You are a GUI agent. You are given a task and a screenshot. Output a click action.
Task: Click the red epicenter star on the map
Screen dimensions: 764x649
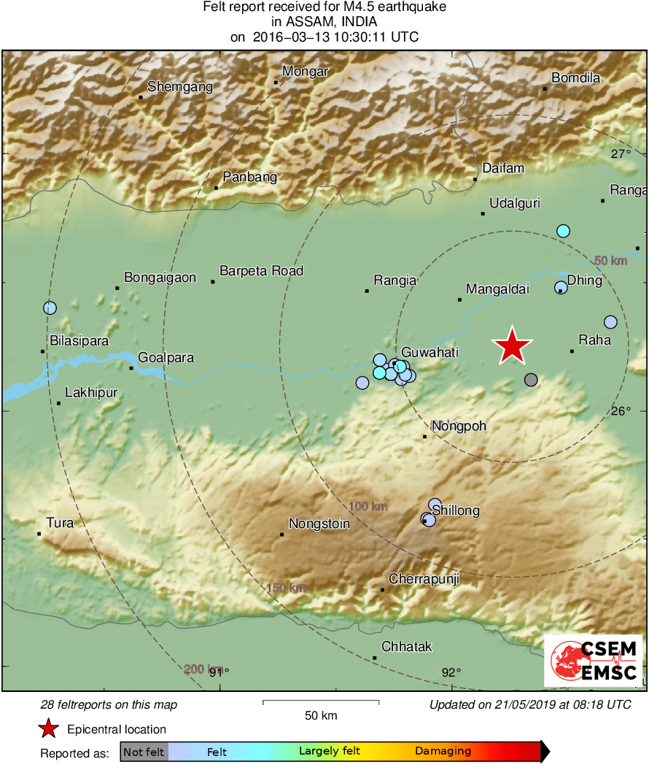[513, 346]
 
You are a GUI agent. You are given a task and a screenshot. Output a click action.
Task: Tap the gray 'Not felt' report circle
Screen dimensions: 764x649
[531, 379]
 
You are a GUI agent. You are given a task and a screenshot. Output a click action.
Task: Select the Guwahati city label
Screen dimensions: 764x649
[430, 353]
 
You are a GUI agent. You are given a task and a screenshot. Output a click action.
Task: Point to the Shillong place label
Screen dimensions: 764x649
[456, 511]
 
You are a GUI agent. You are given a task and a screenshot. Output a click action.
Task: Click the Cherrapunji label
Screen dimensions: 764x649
[424, 580]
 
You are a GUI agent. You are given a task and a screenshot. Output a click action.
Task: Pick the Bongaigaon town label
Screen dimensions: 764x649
[160, 277]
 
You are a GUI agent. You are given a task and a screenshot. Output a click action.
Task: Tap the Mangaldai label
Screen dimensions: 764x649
[497, 289]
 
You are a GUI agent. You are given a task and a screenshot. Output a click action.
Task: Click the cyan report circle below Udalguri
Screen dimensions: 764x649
[563, 231]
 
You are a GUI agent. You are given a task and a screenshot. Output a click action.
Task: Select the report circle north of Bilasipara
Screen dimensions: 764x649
[50, 308]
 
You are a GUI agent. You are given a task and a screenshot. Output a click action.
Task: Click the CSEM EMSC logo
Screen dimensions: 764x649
[593, 661]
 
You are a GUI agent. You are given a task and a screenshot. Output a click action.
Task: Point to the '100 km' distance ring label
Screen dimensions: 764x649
[368, 507]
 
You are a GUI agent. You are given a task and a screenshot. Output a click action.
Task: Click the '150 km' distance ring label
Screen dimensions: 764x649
[287, 588]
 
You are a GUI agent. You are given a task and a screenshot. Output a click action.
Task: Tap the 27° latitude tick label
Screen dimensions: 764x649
[621, 154]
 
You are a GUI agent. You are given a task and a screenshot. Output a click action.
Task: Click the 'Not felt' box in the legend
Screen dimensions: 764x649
[144, 752]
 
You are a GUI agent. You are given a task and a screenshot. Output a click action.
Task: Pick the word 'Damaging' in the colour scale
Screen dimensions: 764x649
[443, 752]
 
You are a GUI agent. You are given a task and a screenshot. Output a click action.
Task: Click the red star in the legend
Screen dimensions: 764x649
[48, 728]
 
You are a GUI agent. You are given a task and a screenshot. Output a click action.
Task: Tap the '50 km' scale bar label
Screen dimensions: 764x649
[321, 715]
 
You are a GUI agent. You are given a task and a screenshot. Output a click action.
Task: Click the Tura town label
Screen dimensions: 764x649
[60, 523]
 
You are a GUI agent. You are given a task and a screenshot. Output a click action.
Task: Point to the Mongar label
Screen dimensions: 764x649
[306, 71]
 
